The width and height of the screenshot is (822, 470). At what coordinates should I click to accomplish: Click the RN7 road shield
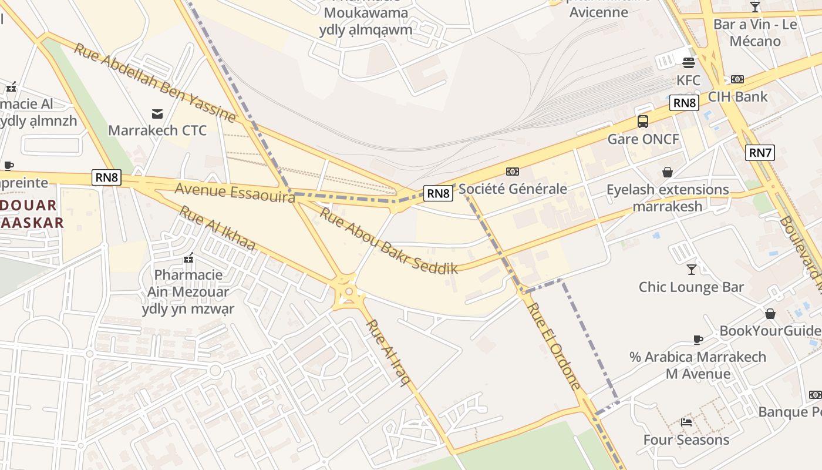coord(760,153)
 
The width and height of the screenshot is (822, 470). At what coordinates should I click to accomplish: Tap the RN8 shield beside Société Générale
coord(439,193)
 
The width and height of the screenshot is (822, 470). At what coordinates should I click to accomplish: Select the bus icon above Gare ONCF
coord(643,122)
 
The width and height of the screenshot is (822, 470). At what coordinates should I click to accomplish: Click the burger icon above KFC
coord(688,62)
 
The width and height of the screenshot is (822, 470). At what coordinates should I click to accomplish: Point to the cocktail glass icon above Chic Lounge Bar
coord(692,269)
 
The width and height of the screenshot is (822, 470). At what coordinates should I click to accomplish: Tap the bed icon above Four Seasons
coord(686,422)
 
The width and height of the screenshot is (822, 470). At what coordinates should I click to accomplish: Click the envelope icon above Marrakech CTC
coord(157,113)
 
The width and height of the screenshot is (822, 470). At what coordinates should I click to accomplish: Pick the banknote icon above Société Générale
coord(513,171)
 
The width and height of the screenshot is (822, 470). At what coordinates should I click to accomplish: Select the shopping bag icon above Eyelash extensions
coord(668,172)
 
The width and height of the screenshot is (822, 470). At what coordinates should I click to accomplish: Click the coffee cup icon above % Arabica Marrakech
coord(698,339)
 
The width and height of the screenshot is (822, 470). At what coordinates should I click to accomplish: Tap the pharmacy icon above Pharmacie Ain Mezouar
coord(188,257)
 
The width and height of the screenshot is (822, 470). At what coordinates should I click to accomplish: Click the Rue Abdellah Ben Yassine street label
coord(155,82)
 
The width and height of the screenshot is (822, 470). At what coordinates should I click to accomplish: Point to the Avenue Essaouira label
coord(235,193)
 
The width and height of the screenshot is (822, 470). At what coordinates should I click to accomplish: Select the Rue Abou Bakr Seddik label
coord(388,241)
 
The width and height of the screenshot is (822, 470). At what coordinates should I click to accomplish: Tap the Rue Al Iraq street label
coord(388,352)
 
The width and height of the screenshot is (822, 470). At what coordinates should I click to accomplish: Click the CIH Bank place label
coord(737,96)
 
